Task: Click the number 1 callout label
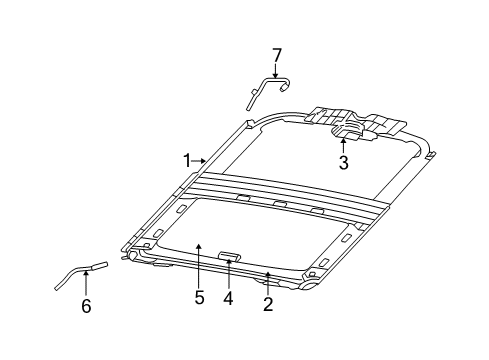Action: coord(187,160)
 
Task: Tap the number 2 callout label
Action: coord(267,304)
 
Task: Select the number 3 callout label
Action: coord(343,163)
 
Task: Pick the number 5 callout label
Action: coord(199,297)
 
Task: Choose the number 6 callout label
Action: coord(86,306)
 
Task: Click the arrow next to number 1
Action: coord(201,160)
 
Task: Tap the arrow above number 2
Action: coord(267,280)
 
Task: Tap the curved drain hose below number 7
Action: coord(265,91)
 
